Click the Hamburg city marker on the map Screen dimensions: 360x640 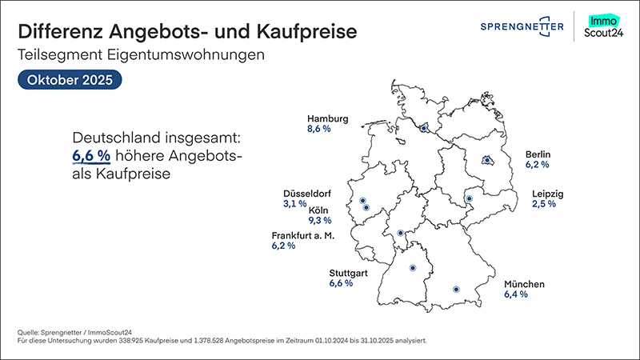424,127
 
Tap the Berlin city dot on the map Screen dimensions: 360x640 486,161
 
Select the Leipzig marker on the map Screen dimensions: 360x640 470,199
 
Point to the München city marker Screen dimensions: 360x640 456,289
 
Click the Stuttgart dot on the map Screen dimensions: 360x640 413,268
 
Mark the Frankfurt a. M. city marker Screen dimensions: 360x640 401,234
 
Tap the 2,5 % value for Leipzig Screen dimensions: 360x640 544,204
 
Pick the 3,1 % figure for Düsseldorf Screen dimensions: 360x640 295,204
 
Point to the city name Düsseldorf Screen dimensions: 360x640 307,194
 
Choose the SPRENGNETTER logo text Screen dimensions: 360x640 522,28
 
